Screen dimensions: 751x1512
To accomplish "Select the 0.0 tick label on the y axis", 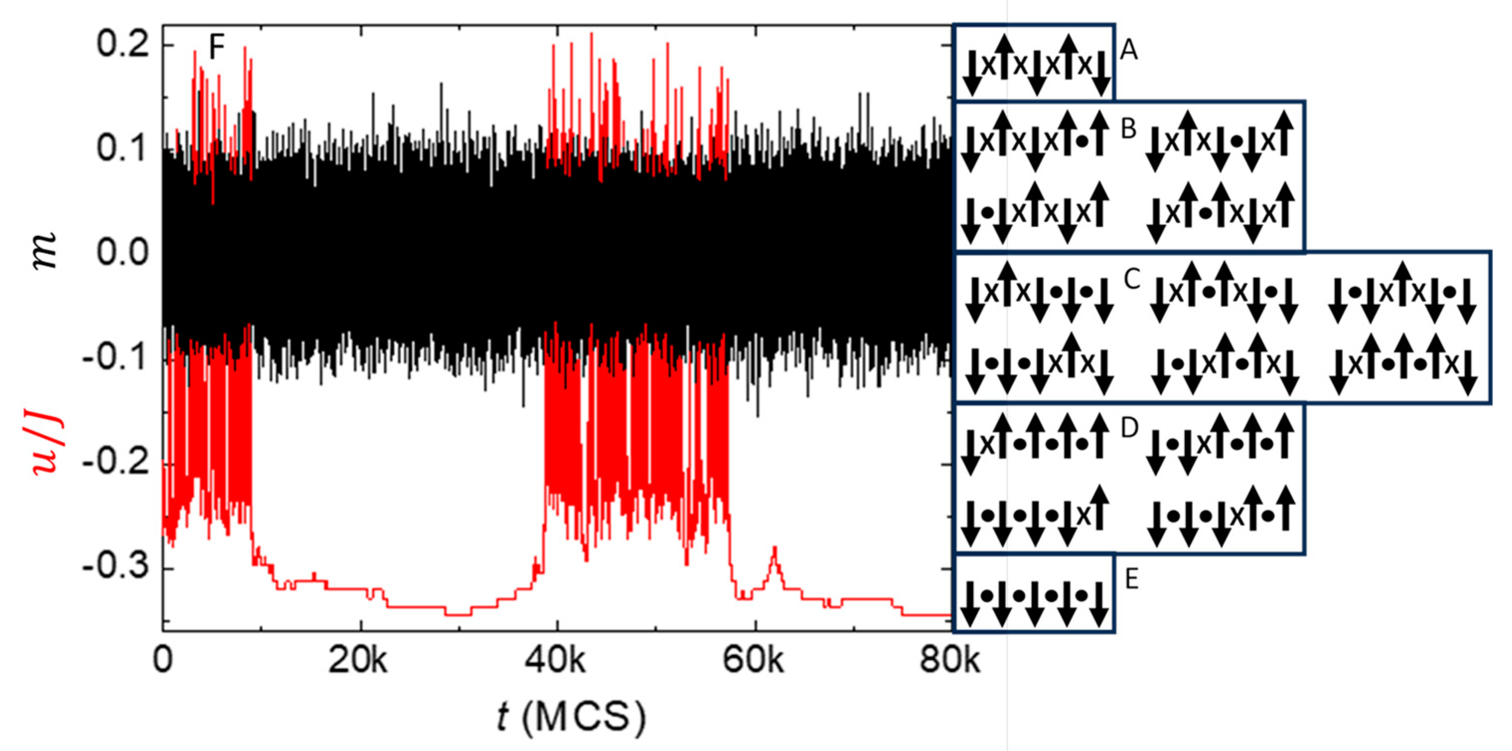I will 123,253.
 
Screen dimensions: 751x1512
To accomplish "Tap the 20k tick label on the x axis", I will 358,661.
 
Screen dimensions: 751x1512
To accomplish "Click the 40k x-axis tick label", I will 555,661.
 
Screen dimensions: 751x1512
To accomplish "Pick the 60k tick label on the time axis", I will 753,661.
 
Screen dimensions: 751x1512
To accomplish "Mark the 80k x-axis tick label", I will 950,661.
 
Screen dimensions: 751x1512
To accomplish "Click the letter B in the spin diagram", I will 1129,129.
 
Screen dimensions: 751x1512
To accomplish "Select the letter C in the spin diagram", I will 1132,279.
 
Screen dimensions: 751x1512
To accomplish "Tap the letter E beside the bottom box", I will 1131,580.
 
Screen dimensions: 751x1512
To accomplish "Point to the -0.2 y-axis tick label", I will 116,464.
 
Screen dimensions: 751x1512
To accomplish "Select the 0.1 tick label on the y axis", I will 123,149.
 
